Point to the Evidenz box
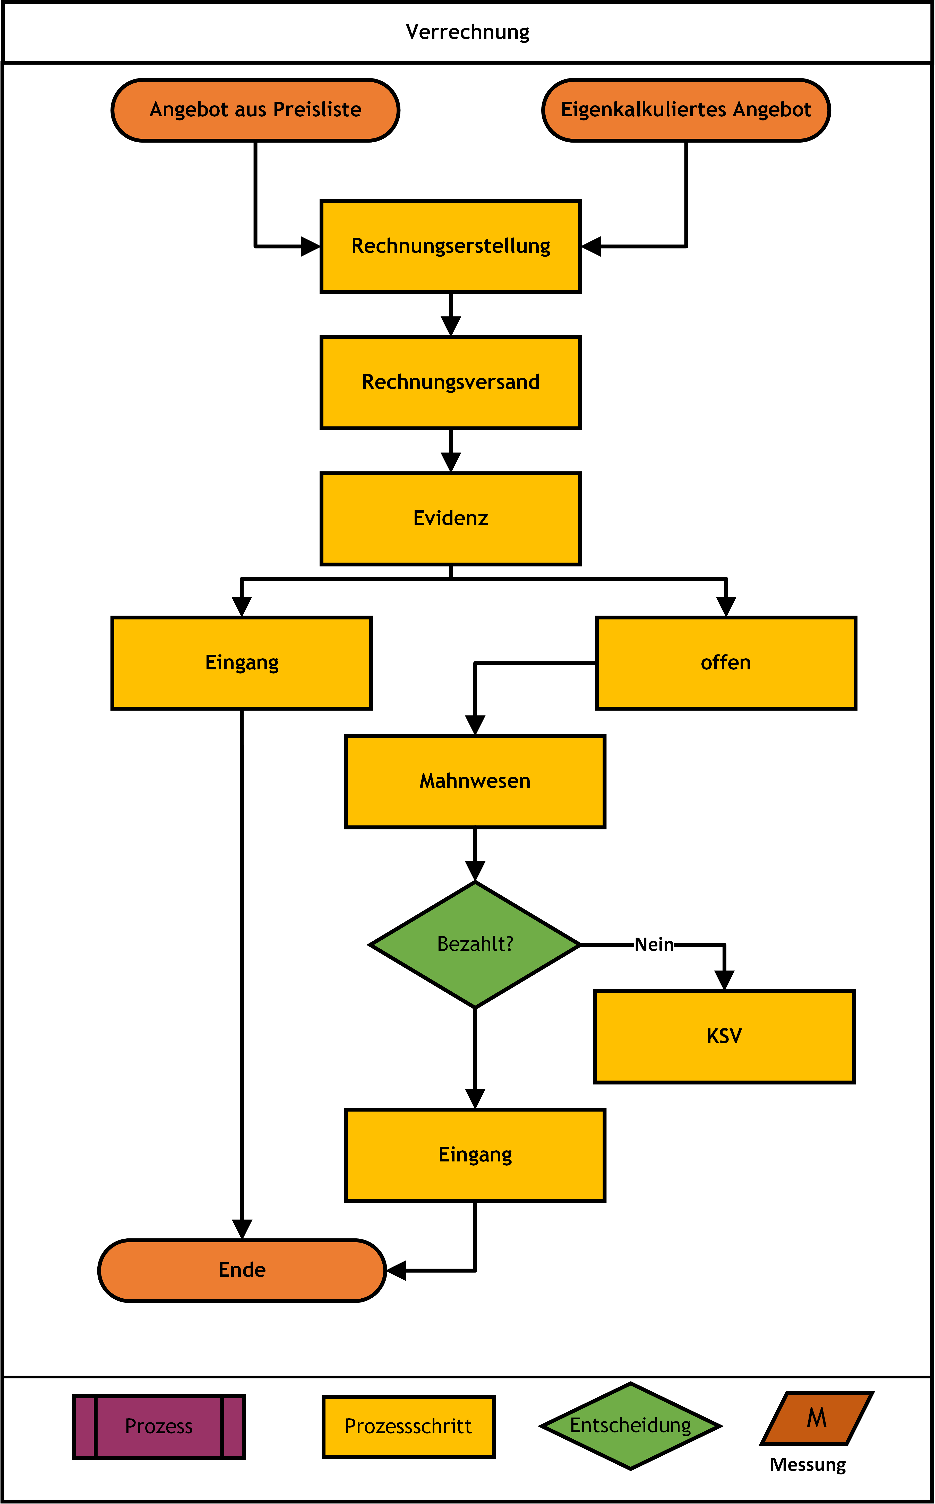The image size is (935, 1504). pos(451,518)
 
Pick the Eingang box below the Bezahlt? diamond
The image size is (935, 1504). pos(475,1155)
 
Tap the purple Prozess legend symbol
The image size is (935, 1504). pos(159,1427)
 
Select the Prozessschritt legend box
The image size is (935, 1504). pos(408,1427)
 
